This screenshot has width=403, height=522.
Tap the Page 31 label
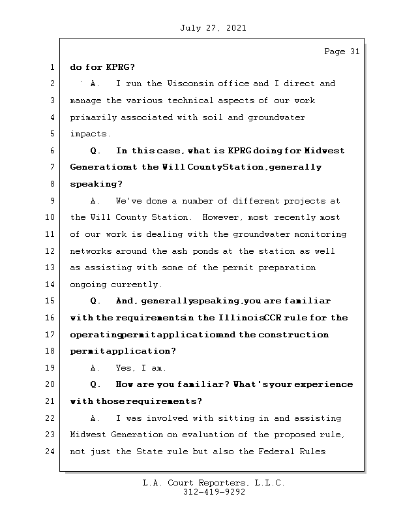(342, 52)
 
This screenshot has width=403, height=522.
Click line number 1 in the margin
(52, 67)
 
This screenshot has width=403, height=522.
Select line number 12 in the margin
(49, 251)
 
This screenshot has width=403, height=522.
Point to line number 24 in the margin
(49, 452)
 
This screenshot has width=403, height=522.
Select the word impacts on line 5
(90, 134)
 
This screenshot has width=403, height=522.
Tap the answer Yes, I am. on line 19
(140, 368)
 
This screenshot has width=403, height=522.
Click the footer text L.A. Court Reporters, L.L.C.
(213, 484)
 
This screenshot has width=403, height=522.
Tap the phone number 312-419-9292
(213, 493)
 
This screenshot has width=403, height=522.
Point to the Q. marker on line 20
(96, 384)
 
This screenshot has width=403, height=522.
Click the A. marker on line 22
(95, 418)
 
